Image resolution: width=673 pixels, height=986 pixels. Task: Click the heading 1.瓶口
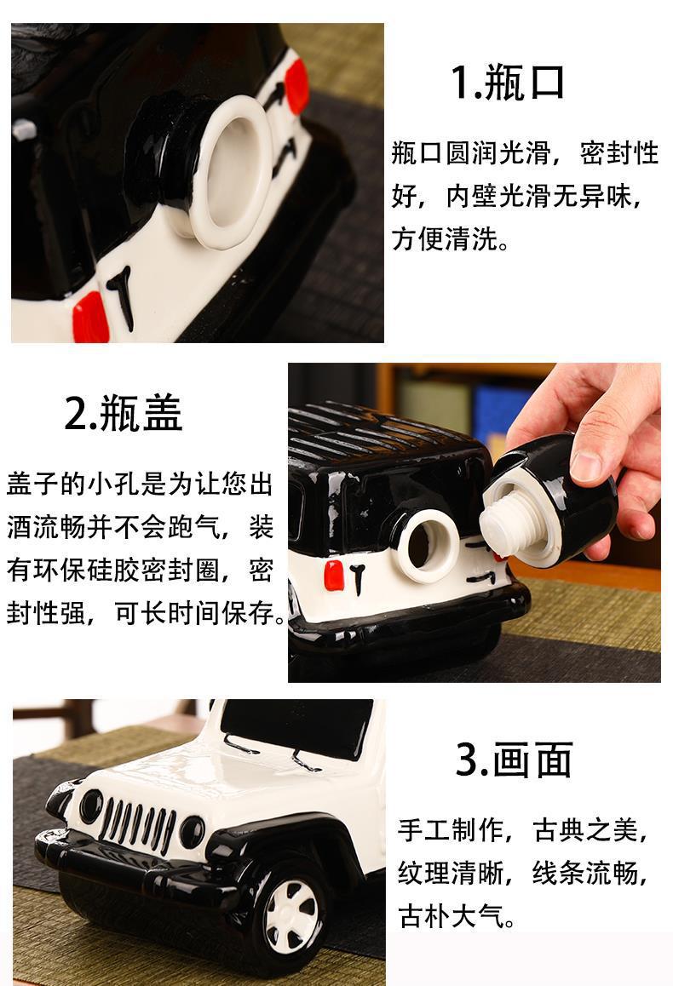click(507, 82)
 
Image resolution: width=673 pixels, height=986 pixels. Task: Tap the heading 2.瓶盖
click(124, 413)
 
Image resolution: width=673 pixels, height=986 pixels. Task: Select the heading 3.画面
click(514, 760)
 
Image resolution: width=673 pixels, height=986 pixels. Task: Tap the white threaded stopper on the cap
click(504, 525)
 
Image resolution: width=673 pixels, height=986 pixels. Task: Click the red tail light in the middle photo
click(333, 575)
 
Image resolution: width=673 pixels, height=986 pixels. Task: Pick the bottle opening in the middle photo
click(429, 545)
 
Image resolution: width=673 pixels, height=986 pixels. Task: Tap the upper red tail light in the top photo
click(296, 86)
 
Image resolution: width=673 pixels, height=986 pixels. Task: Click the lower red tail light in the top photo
click(90, 318)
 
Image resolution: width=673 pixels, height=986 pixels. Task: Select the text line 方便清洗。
click(451, 239)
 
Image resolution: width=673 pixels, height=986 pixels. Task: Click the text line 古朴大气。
click(457, 917)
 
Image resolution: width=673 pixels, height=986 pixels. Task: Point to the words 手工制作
click(451, 830)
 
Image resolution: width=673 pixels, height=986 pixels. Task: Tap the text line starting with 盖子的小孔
click(141, 484)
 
